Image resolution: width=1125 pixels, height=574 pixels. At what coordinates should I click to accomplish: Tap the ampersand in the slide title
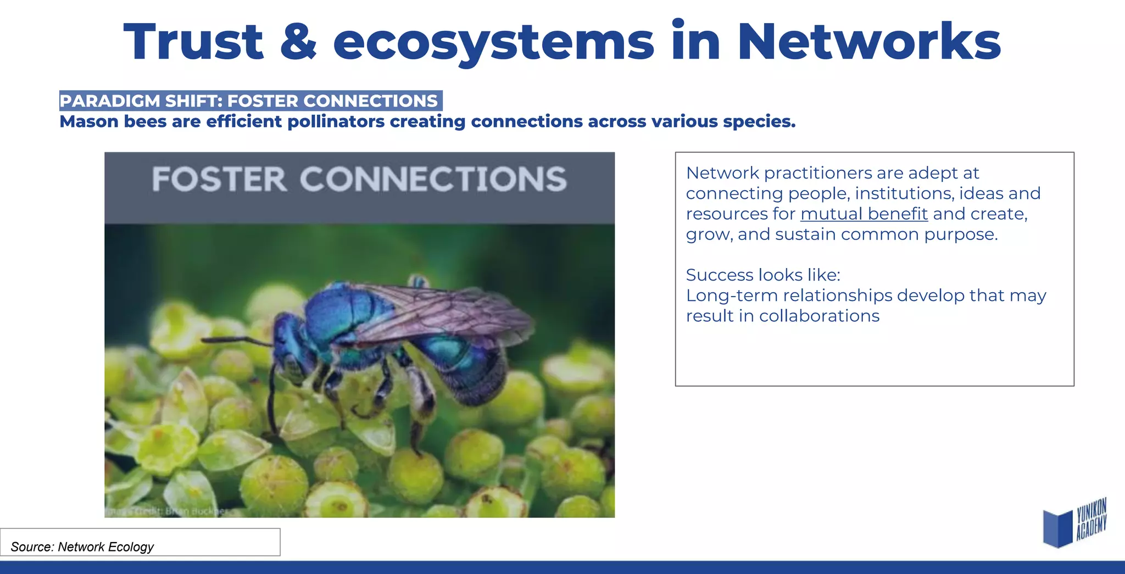click(298, 43)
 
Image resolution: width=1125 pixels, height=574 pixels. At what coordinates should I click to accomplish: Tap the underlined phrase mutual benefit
click(864, 214)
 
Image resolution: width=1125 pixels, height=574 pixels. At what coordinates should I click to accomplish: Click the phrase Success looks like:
click(763, 275)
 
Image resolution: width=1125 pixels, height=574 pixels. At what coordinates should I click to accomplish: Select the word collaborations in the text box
click(819, 316)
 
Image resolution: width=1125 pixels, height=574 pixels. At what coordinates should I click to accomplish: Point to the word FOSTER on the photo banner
click(219, 179)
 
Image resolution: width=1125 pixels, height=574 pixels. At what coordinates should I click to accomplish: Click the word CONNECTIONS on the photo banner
click(433, 179)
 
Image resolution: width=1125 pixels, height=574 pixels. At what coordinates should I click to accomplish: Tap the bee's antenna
click(236, 341)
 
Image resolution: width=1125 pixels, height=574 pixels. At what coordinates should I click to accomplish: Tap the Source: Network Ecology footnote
click(82, 547)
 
